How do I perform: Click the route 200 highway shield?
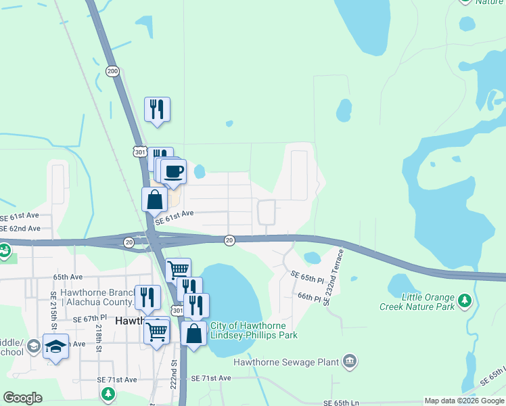112,71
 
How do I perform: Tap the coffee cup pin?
174,171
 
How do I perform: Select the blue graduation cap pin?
56,346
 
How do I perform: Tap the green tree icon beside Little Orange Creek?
464,300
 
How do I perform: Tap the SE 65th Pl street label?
308,277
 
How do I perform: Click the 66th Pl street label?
308,297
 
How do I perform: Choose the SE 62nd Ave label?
20,228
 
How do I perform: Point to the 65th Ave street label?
68,277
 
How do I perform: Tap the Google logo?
22,398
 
